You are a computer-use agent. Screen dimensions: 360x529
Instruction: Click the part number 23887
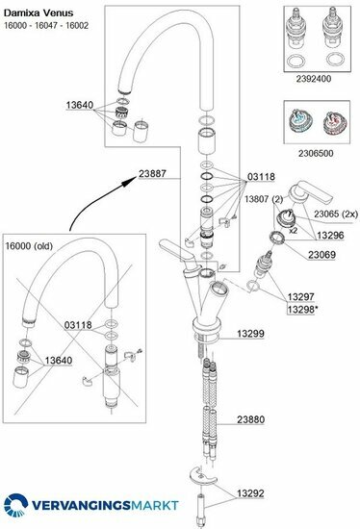coord(152,174)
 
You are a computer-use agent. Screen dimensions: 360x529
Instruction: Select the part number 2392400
coord(314,79)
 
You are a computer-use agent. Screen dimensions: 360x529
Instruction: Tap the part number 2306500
coord(316,154)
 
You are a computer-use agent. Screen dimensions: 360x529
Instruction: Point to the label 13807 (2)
coord(264,199)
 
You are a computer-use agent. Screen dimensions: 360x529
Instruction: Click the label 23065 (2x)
coord(336,214)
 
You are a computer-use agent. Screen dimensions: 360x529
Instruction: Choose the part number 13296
coord(330,236)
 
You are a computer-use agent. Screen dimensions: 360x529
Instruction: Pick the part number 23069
coord(321,255)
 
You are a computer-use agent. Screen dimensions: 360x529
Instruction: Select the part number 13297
coord(301,297)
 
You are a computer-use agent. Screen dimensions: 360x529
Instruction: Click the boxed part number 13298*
coord(302,309)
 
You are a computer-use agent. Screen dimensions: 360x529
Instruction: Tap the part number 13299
coord(250,334)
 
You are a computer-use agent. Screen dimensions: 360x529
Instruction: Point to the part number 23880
coord(250,419)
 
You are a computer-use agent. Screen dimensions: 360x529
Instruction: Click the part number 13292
coord(250,493)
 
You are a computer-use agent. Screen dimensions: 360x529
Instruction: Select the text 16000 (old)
coord(29,246)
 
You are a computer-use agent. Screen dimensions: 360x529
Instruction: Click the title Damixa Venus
coord(39,13)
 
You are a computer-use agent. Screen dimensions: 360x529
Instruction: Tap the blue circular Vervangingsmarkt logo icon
coord(15,505)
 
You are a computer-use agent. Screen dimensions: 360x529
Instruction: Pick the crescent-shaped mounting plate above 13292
coord(203,476)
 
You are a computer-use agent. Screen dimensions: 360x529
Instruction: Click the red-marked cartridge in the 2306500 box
coord(332,123)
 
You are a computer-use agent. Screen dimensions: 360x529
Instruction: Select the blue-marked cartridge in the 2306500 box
coord(299,122)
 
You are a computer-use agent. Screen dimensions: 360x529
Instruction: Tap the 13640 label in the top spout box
coord(80,105)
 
